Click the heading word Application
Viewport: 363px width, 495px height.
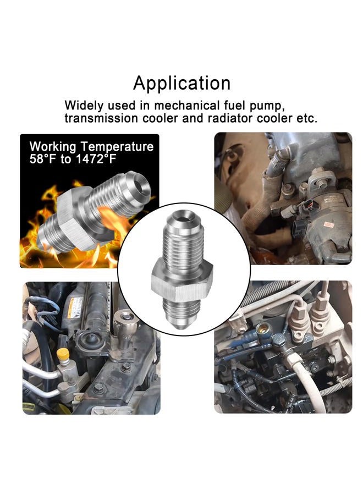(x=182, y=84)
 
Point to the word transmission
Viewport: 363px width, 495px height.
(x=101, y=118)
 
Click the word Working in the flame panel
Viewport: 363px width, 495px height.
(x=53, y=147)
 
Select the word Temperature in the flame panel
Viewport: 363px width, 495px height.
(x=117, y=147)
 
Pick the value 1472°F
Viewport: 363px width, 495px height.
(x=96, y=159)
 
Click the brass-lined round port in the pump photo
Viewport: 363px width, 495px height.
(x=262, y=330)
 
